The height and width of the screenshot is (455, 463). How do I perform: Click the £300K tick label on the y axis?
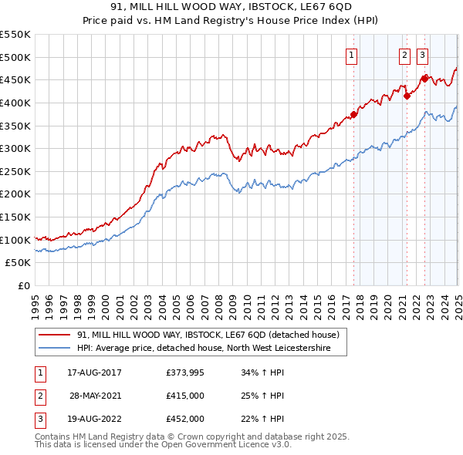[x=15, y=148]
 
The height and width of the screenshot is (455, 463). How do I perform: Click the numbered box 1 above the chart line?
[x=352, y=55]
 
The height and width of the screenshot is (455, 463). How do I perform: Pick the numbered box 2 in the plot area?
[x=404, y=55]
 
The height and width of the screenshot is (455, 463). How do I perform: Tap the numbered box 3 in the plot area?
[x=423, y=55]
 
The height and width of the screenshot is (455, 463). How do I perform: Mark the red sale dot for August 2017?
[x=354, y=115]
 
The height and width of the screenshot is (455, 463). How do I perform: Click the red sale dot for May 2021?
[x=407, y=96]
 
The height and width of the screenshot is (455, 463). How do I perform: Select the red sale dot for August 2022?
[x=424, y=79]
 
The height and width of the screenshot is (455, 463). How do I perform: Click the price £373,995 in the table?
[x=185, y=372]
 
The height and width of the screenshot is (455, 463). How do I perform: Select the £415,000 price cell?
[x=185, y=396]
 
